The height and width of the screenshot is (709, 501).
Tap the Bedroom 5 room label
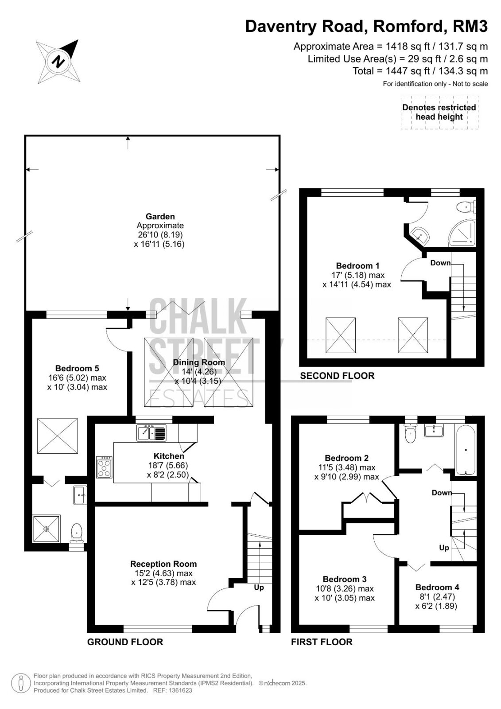pos(77,368)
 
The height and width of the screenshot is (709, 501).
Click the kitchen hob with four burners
pos(105,467)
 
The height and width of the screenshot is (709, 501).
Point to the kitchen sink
pos(151,433)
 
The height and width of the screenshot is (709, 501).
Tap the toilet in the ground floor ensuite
pos(77,533)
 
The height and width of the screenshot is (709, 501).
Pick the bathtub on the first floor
pos(465,449)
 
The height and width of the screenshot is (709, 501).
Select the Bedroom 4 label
pos(437,587)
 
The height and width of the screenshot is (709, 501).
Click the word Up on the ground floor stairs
pos(259,587)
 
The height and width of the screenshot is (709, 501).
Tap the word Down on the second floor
pos(440,263)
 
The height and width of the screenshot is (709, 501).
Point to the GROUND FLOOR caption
pos(125,642)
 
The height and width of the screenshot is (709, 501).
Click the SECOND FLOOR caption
pos(337,375)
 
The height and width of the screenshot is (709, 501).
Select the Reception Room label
pos(163,564)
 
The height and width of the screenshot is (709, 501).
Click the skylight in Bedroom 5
pos(57,436)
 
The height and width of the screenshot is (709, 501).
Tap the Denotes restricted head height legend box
pos(439,113)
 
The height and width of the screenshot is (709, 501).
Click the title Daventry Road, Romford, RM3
pos(366,26)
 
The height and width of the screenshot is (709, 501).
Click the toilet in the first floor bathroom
pos(411,434)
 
